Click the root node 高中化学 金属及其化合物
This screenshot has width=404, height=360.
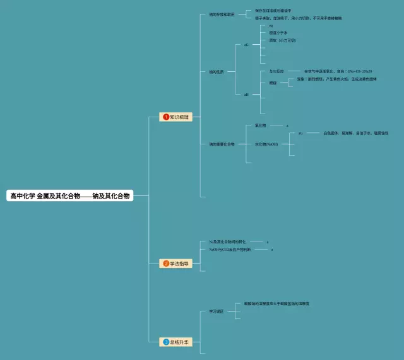(x=70, y=196)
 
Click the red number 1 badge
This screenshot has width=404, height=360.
(x=166, y=117)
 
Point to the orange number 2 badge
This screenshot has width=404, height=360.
(x=166, y=264)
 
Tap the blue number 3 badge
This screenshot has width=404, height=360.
(x=166, y=342)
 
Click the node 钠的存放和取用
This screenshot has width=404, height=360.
(x=222, y=15)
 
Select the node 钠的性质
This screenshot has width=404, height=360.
(x=216, y=72)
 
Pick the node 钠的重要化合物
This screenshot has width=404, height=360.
(x=222, y=144)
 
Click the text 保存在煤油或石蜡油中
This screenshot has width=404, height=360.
(x=273, y=11)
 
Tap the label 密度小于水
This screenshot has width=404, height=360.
(x=278, y=33)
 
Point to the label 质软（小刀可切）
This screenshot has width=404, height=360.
(x=282, y=40)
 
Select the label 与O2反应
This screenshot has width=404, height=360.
(x=276, y=71)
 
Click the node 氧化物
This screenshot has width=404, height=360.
(x=260, y=125)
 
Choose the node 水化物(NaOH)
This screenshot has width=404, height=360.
(x=266, y=144)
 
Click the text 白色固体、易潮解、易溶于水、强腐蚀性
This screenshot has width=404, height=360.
(x=355, y=133)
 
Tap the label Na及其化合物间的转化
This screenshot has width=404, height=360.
(x=227, y=241)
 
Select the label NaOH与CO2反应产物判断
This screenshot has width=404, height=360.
(x=230, y=250)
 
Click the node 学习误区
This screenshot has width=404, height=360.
(x=216, y=311)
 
